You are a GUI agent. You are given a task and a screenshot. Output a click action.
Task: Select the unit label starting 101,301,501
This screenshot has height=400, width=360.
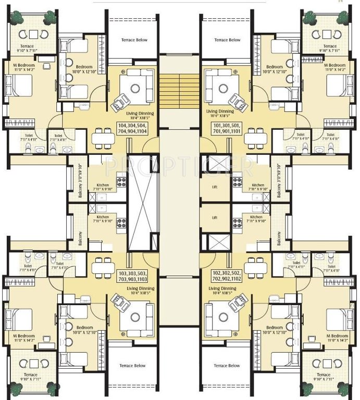pyautogui.click(x=226, y=129)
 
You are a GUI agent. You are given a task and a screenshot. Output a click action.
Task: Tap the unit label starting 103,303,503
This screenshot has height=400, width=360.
pyautogui.click(x=132, y=276)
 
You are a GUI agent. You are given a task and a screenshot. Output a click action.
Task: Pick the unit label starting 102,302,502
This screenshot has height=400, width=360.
pyautogui.click(x=226, y=276)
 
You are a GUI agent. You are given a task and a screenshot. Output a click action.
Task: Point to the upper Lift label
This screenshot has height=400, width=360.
pyautogui.click(x=214, y=185)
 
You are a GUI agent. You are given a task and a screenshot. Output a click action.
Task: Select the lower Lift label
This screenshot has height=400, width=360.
pyautogui.click(x=214, y=218)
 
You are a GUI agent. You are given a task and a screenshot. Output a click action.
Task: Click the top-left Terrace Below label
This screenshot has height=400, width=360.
pyautogui.click(x=134, y=40)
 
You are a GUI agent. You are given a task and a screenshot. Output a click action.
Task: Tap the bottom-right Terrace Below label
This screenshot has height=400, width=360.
pyautogui.click(x=227, y=366)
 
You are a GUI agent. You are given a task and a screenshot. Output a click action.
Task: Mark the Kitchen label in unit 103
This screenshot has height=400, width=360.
pyautogui.click(x=103, y=219)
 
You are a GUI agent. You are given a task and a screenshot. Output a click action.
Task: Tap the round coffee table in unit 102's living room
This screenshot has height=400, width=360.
pyautogui.click(x=225, y=317)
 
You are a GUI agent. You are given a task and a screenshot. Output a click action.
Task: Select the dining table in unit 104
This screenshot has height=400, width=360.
pyautogui.click(x=103, y=139)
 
